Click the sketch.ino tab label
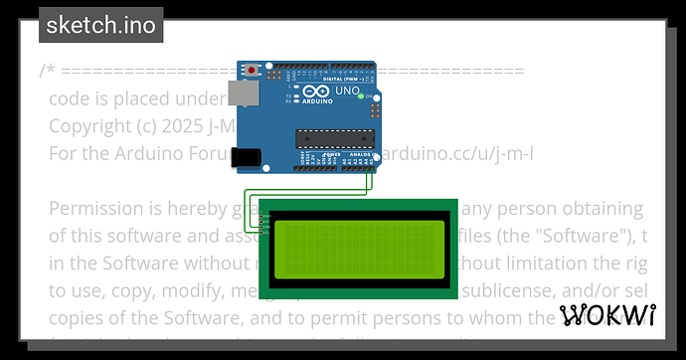(x=101, y=25)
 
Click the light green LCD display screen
(x=359, y=248)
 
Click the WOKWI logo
(x=608, y=316)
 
